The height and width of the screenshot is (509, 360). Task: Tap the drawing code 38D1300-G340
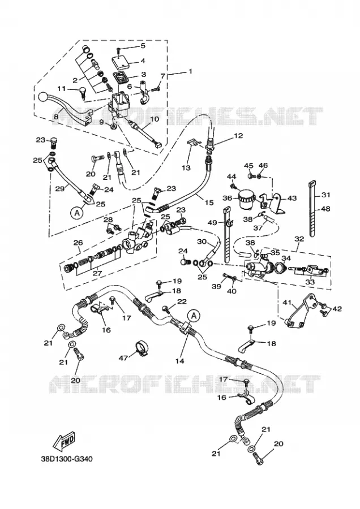[67, 459]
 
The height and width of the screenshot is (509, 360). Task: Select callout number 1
[190, 71]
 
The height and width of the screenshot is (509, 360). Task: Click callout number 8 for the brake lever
[56, 116]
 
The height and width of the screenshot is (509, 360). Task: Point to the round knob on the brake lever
[43, 97]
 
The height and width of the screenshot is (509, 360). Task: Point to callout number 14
[179, 361]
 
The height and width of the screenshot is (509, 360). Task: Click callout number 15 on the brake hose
[209, 202]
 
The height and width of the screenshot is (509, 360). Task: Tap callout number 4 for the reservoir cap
[143, 61]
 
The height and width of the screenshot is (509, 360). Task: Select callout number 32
[299, 239]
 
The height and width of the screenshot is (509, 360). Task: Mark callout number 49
[212, 223]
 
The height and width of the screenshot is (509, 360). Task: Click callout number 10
[155, 119]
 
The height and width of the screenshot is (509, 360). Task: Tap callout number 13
[186, 168]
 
